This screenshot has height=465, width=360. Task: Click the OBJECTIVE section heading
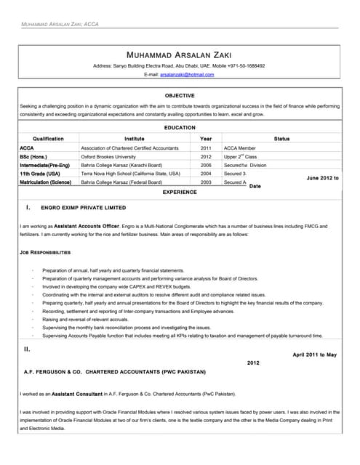pyautogui.click(x=180, y=96)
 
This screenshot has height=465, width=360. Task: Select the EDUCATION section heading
pyautogui.click(x=180, y=128)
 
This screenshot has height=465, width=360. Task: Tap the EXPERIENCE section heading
pyautogui.click(x=180, y=192)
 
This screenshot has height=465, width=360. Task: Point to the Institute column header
pyautogui.click(x=135, y=138)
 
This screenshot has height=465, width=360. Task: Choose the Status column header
pyautogui.click(x=281, y=138)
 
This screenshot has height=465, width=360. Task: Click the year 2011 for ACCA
pyautogui.click(x=206, y=147)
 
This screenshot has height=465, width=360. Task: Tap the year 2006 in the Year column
pyautogui.click(x=206, y=165)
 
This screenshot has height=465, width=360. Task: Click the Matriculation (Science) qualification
pyautogui.click(x=46, y=182)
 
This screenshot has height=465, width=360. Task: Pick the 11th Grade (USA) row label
pyautogui.click(x=40, y=174)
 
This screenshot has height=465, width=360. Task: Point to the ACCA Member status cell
pyautogui.click(x=239, y=147)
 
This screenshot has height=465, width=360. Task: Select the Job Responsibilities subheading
pyautogui.click(x=45, y=252)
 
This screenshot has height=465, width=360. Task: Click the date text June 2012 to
pyautogui.click(x=322, y=178)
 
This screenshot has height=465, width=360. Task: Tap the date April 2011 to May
pyautogui.click(x=314, y=355)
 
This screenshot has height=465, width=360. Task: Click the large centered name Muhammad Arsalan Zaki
pyautogui.click(x=179, y=55)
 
